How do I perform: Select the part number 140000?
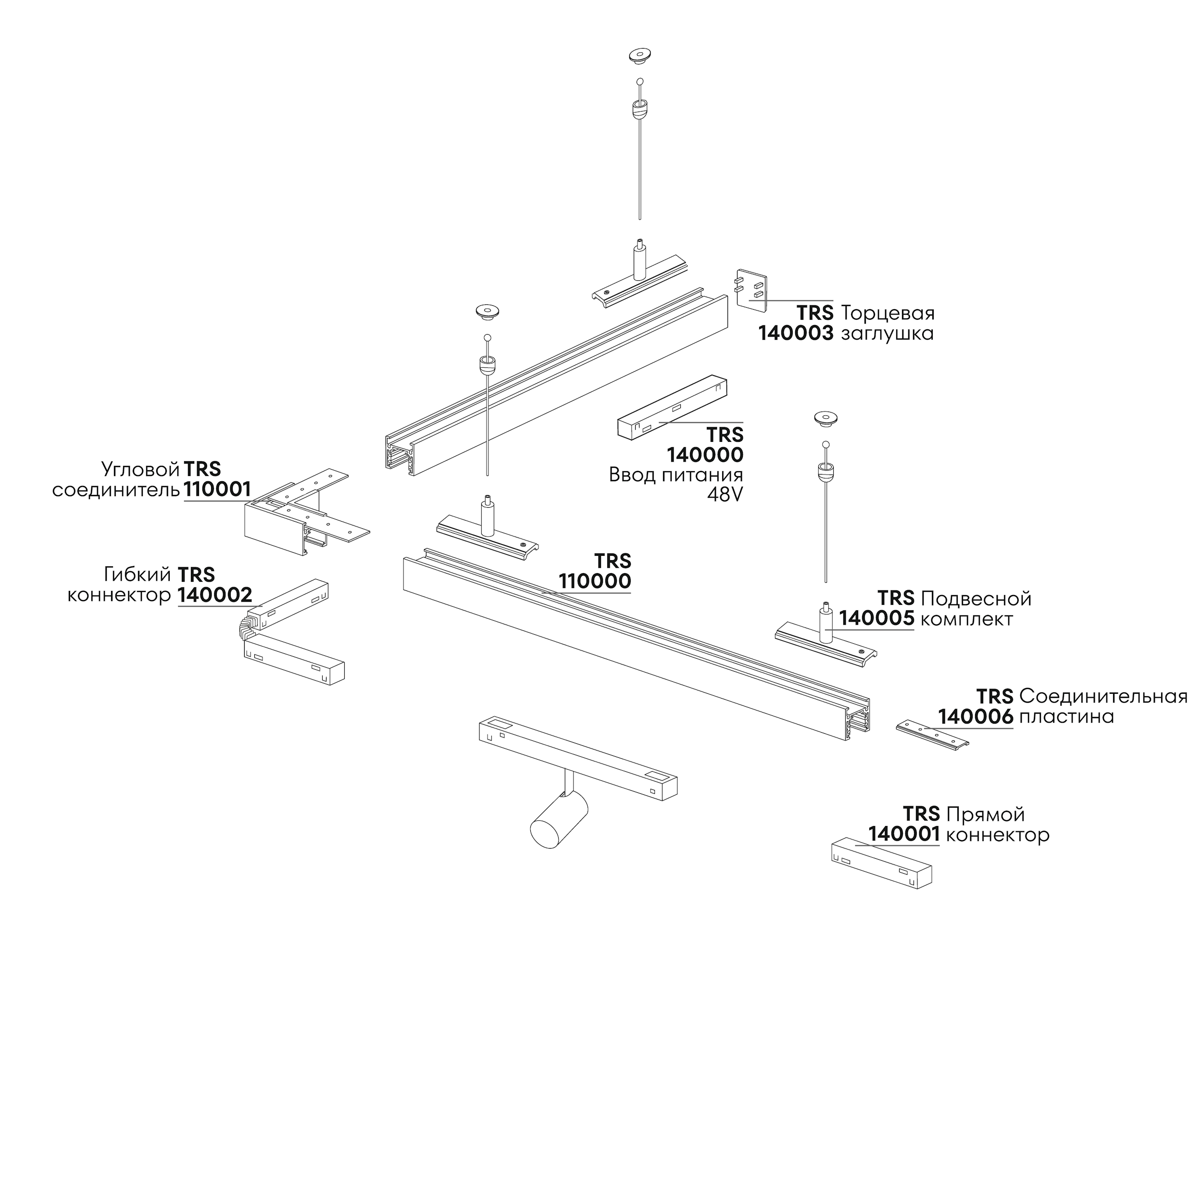point(705,455)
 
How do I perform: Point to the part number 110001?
point(217,489)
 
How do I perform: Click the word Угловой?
point(140,469)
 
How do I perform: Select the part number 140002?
point(214,595)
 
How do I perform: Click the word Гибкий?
point(137,574)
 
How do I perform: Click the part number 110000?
point(595,582)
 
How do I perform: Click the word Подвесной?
point(976,599)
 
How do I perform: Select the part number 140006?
point(976,717)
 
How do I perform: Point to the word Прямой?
point(984,814)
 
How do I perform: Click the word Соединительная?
point(1103,696)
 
